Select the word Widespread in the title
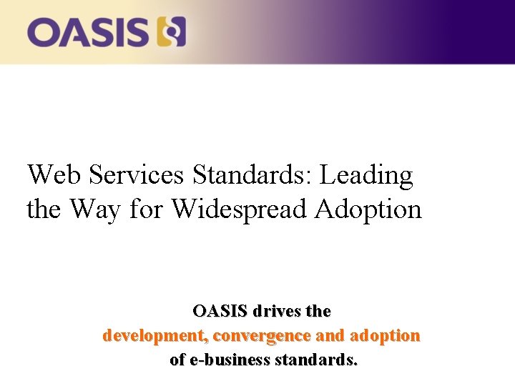pos(240,209)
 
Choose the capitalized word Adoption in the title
pos(369,210)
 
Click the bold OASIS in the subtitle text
pos(220,312)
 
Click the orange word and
pos(330,335)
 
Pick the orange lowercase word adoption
pos(385,335)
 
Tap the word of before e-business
pos(177,360)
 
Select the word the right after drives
pos(318,312)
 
